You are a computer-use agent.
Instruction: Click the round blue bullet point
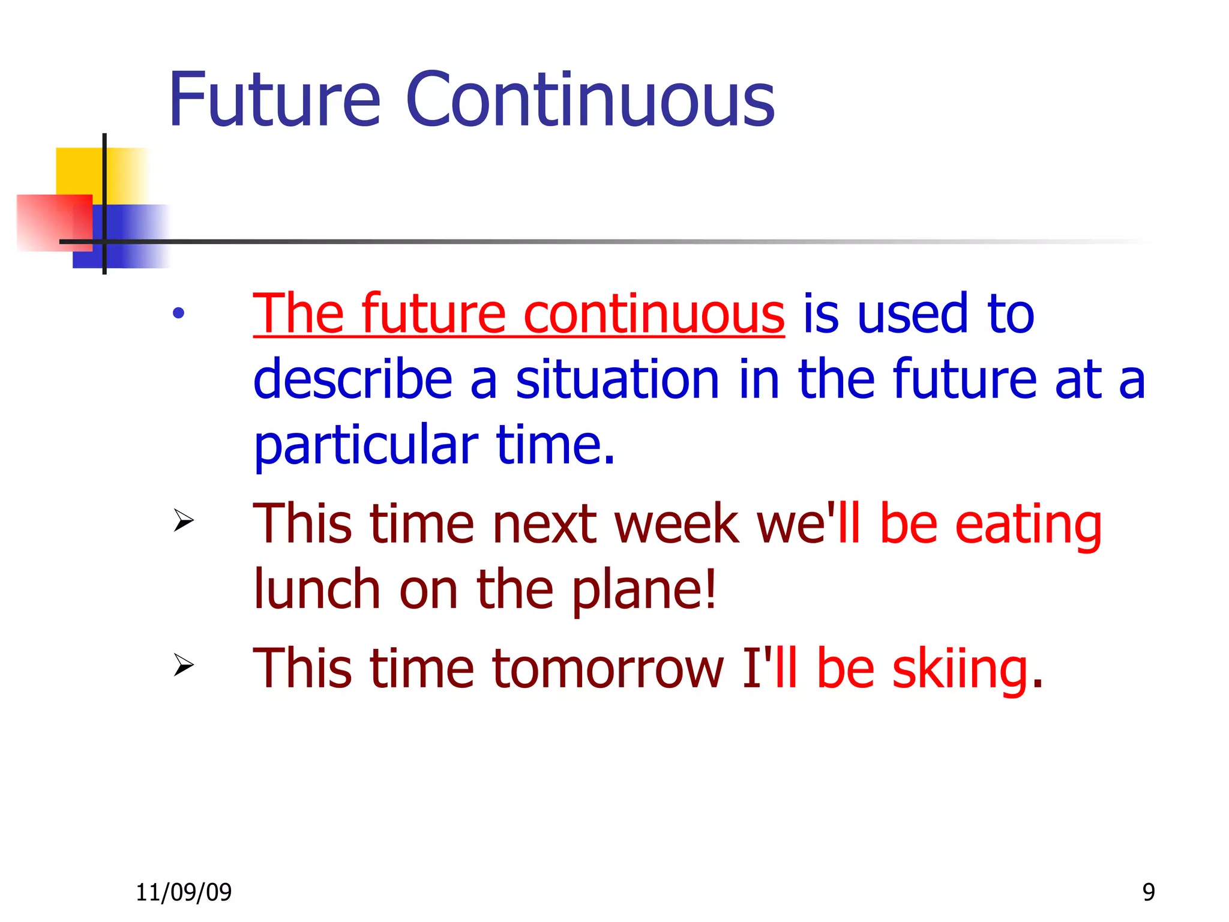(178, 313)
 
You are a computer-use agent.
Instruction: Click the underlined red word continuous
(654, 314)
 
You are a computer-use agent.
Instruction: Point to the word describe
(352, 379)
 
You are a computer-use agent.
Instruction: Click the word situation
(617, 379)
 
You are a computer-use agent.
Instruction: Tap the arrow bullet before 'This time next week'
(184, 520)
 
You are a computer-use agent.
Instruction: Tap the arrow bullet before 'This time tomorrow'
(184, 664)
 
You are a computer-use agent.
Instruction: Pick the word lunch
(317, 589)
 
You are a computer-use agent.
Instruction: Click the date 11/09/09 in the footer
(184, 893)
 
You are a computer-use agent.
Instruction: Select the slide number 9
(1149, 893)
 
